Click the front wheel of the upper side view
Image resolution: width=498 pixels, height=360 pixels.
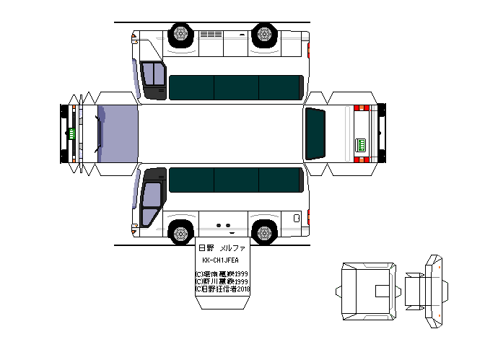click(180, 34)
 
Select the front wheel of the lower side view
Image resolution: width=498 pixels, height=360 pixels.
click(180, 232)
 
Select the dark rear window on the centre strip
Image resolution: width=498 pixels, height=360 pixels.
click(316, 134)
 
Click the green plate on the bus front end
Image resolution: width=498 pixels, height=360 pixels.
click(72, 133)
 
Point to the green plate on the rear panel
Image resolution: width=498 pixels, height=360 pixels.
click(362, 144)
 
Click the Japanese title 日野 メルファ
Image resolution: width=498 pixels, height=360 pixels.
click(223, 248)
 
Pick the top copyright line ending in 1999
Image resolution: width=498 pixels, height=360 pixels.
click(222, 274)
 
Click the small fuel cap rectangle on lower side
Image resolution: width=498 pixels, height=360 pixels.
click(296, 218)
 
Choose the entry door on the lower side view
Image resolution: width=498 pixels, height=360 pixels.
click(152, 203)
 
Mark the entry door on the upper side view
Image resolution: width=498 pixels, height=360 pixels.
click(152, 79)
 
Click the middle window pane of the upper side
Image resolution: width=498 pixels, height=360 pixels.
click(236, 87)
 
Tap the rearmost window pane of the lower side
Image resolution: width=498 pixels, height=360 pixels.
click(280, 180)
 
